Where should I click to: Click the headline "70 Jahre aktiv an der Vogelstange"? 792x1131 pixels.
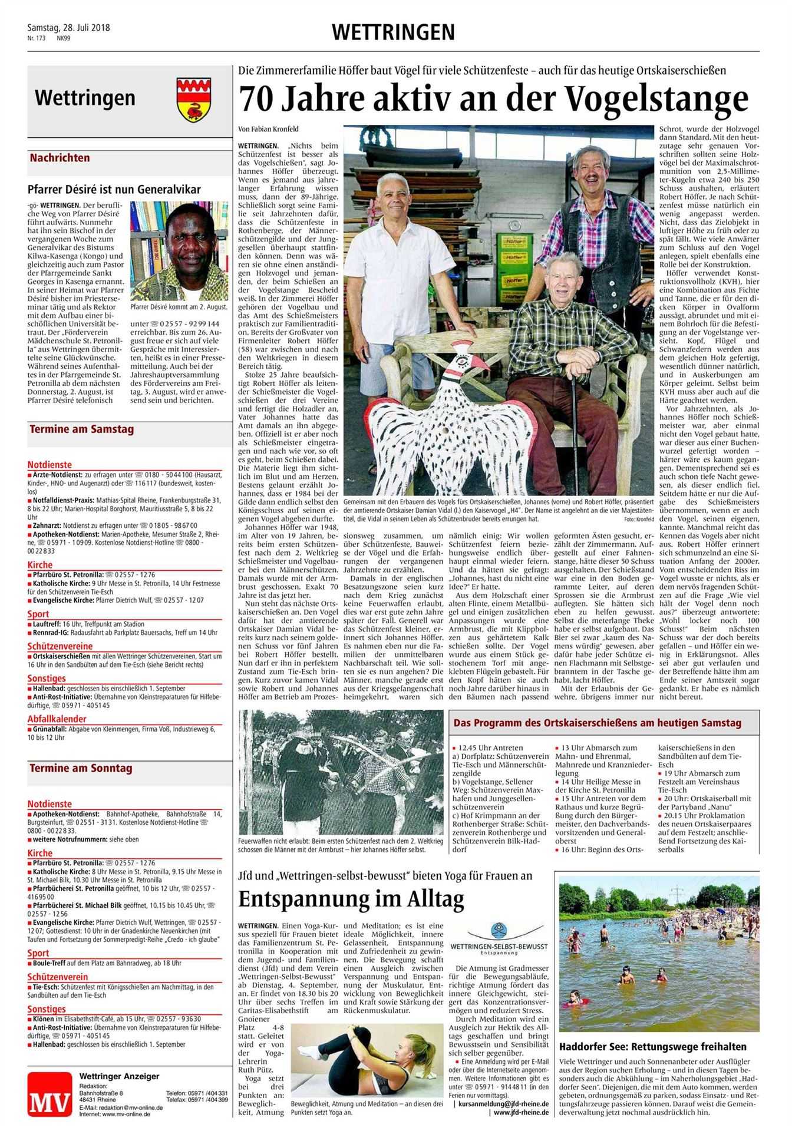click(x=494, y=99)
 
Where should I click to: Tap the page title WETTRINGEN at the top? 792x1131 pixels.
click(x=393, y=32)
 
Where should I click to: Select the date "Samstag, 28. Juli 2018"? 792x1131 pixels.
click(x=69, y=28)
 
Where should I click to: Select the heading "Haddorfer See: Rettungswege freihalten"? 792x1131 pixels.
click(x=653, y=1047)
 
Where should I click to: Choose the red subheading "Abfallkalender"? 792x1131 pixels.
click(x=57, y=719)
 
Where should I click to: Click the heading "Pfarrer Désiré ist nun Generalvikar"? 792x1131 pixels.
click(x=114, y=189)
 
